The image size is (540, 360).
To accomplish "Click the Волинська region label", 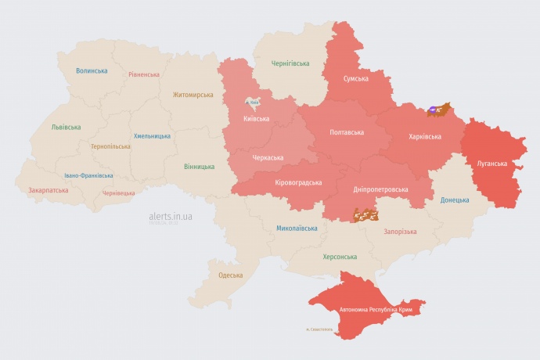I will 92,70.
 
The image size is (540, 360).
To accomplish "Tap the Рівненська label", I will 144,74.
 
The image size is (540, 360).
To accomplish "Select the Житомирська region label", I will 193,95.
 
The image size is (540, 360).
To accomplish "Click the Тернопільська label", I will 110,146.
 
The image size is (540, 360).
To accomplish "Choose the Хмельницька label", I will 152,135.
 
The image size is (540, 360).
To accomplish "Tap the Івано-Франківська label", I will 88,176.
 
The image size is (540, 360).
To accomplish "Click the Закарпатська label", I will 47,190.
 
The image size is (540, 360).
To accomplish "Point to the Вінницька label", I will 199,167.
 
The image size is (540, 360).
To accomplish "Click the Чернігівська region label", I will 290,63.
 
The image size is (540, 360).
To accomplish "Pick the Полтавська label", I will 345,131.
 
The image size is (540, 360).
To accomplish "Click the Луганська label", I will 492,164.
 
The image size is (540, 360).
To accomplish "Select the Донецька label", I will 455,200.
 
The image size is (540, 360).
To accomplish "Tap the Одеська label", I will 230,275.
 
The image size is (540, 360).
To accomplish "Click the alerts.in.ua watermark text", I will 171,215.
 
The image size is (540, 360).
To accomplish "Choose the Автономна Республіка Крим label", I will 376,310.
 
